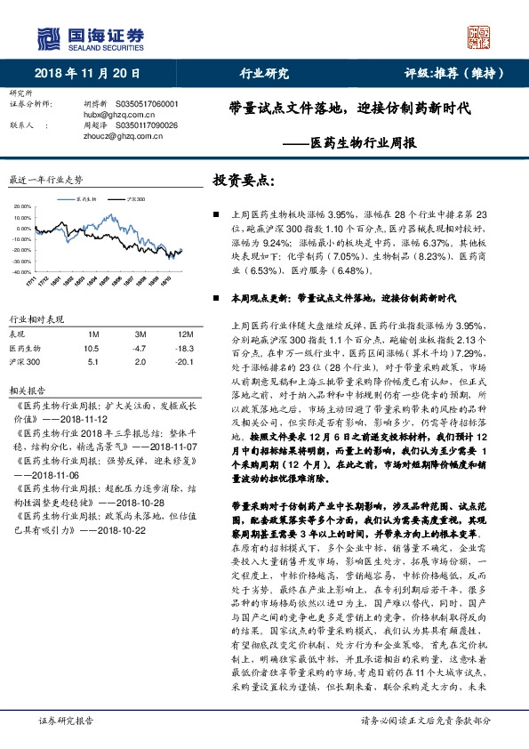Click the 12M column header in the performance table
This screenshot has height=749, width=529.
(185, 334)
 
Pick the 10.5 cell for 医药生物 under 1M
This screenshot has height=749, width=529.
(92, 348)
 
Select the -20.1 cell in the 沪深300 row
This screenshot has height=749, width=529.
(184, 362)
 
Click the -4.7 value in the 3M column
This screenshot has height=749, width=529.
(140, 348)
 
